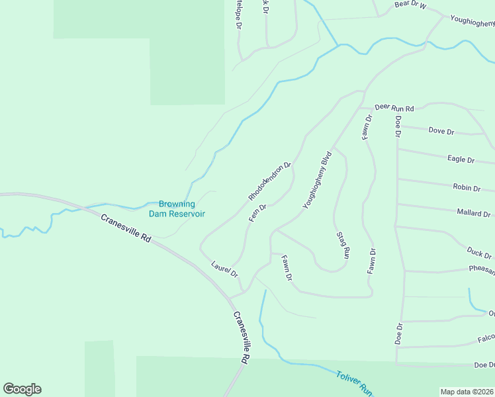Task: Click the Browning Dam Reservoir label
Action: (181, 209)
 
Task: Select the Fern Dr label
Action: (257, 212)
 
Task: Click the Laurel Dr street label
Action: (224, 269)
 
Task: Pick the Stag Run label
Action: (342, 244)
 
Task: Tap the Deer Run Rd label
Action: (394, 108)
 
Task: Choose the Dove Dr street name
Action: (441, 131)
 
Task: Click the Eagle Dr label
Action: (461, 159)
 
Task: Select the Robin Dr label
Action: (467, 188)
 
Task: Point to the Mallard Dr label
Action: (474, 214)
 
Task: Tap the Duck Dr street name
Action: (479, 253)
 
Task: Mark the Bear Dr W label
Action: (410, 5)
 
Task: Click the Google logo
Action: (22, 389)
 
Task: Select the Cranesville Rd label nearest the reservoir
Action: (126, 230)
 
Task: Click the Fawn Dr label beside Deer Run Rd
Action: (367, 127)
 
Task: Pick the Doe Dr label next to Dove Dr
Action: (398, 126)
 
